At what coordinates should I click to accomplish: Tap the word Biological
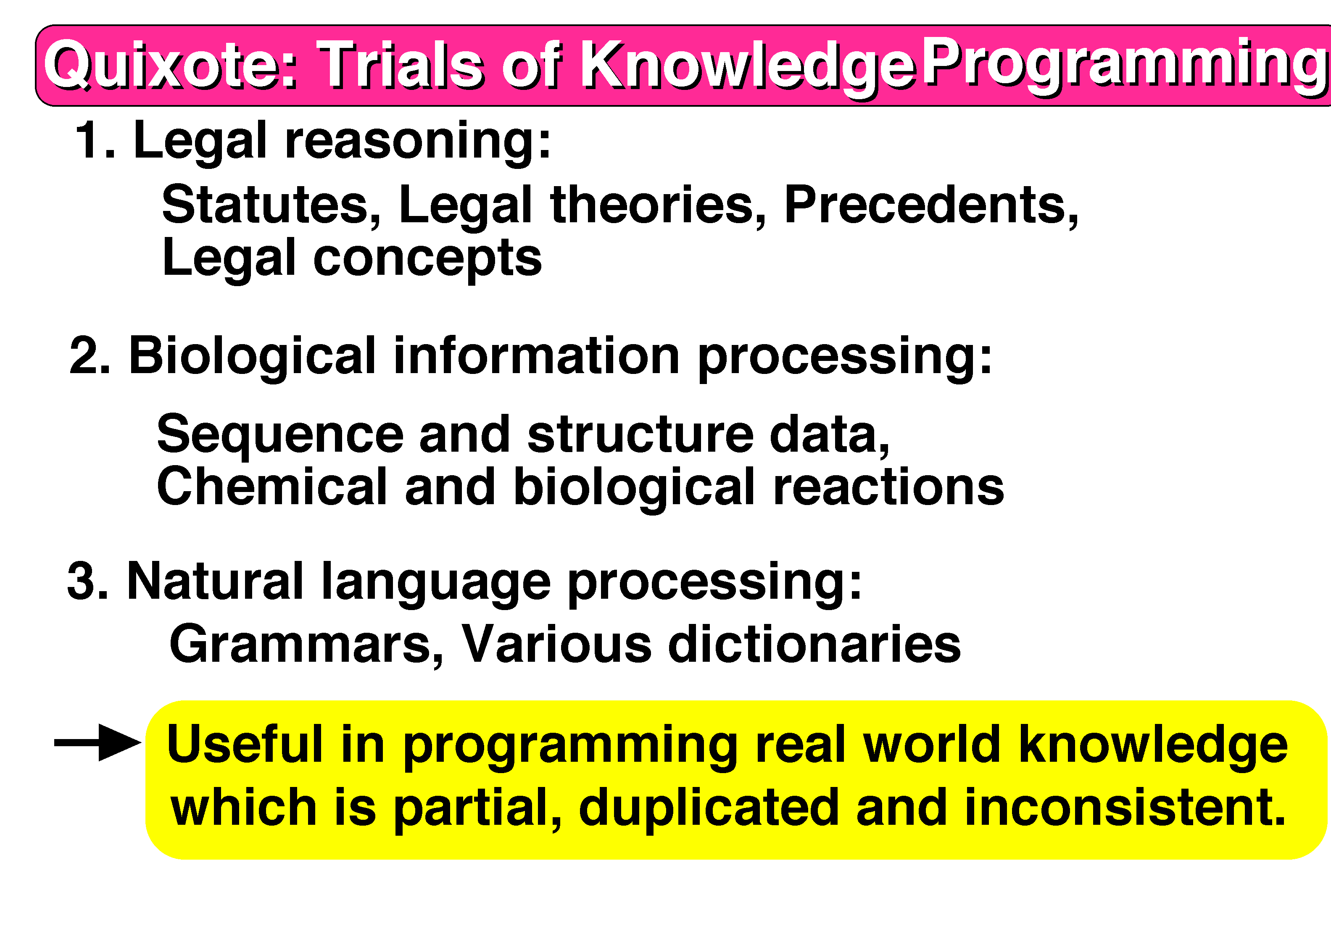click(x=253, y=357)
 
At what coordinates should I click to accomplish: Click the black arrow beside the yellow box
click(x=98, y=742)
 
